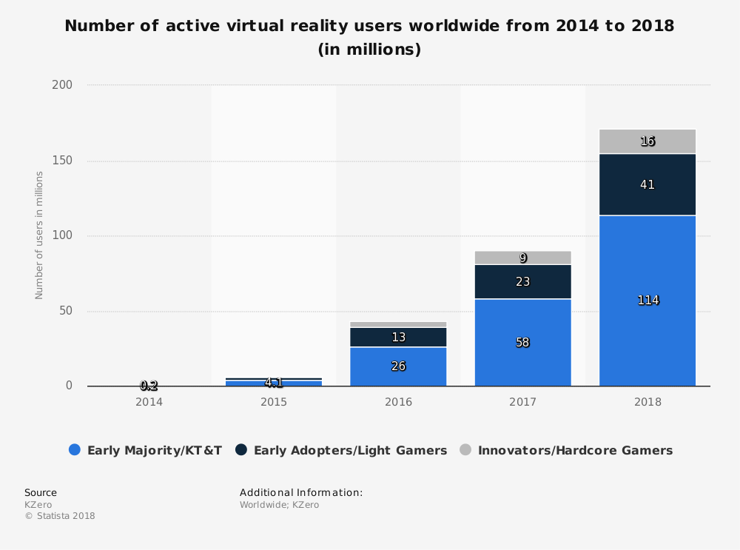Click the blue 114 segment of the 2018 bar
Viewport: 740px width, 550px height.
647,301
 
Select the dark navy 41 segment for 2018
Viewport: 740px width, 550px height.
647,184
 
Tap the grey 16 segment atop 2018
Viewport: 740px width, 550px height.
647,141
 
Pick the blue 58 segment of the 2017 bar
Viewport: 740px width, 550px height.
522,343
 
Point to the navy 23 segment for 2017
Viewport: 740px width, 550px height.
522,282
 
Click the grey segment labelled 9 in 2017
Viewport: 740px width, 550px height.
522,258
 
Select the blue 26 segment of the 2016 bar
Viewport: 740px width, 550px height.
398,366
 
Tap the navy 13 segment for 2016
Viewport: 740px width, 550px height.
398,338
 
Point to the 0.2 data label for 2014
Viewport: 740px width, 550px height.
149,386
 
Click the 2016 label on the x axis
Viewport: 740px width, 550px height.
398,403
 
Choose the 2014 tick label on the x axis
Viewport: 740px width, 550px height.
149,403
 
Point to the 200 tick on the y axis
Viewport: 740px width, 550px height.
62,85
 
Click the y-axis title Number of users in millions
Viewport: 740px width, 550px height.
39,235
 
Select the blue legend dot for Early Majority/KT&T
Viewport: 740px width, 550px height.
74,450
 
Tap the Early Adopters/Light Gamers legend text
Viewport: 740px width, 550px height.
350,450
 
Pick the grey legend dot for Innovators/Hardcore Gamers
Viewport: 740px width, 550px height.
465,450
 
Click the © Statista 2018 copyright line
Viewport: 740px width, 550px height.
60,516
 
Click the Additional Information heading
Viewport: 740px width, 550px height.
301,492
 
